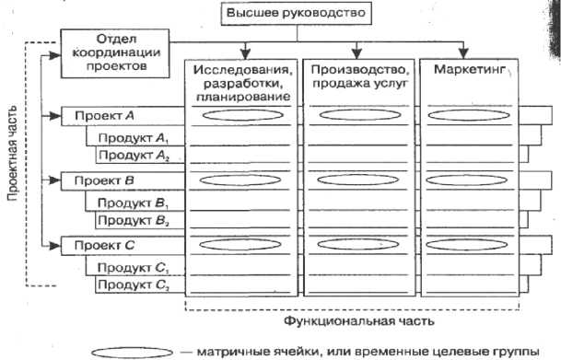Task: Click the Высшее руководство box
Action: (x=297, y=14)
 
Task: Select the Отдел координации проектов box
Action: (x=115, y=53)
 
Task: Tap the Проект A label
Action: (x=104, y=116)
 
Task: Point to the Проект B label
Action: (x=104, y=180)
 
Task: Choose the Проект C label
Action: (x=104, y=246)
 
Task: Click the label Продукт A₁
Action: (x=133, y=138)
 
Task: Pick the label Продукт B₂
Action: (x=133, y=221)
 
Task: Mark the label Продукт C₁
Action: (x=133, y=268)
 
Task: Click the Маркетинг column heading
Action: (x=470, y=69)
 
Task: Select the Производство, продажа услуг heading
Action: (x=359, y=76)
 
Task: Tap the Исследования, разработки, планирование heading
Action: (x=243, y=83)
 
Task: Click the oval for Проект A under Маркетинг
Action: (x=469, y=115)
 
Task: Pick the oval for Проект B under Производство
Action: (x=357, y=180)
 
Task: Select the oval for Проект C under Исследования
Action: (x=240, y=245)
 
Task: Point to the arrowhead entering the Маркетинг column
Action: (x=463, y=53)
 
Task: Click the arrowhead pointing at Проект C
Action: (x=54, y=246)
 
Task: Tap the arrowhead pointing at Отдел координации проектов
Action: (x=54, y=55)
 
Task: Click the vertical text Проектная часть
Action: (x=13, y=153)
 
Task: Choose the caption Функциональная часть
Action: (x=359, y=321)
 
